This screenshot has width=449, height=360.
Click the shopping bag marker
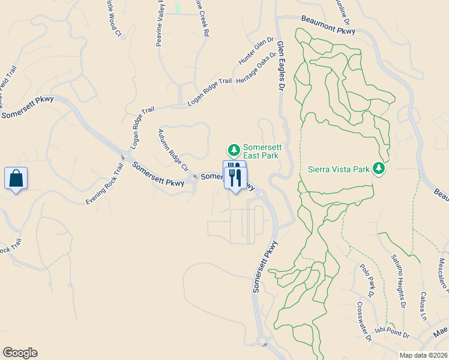pyautogui.click(x=16, y=179)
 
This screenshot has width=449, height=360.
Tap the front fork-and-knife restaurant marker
pyautogui.click(x=235, y=178)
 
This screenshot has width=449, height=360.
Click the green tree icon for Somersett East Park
pyautogui.click(x=233, y=149)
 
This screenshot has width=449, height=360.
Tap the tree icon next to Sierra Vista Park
pyautogui.click(x=378, y=169)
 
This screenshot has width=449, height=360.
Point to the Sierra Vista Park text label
pyautogui.click(x=339, y=169)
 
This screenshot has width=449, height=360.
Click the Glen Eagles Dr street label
pyautogui.click(x=279, y=65)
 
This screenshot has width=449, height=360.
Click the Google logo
pyautogui.click(x=20, y=353)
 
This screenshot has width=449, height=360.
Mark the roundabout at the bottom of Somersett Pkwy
pyautogui.click(x=262, y=342)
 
